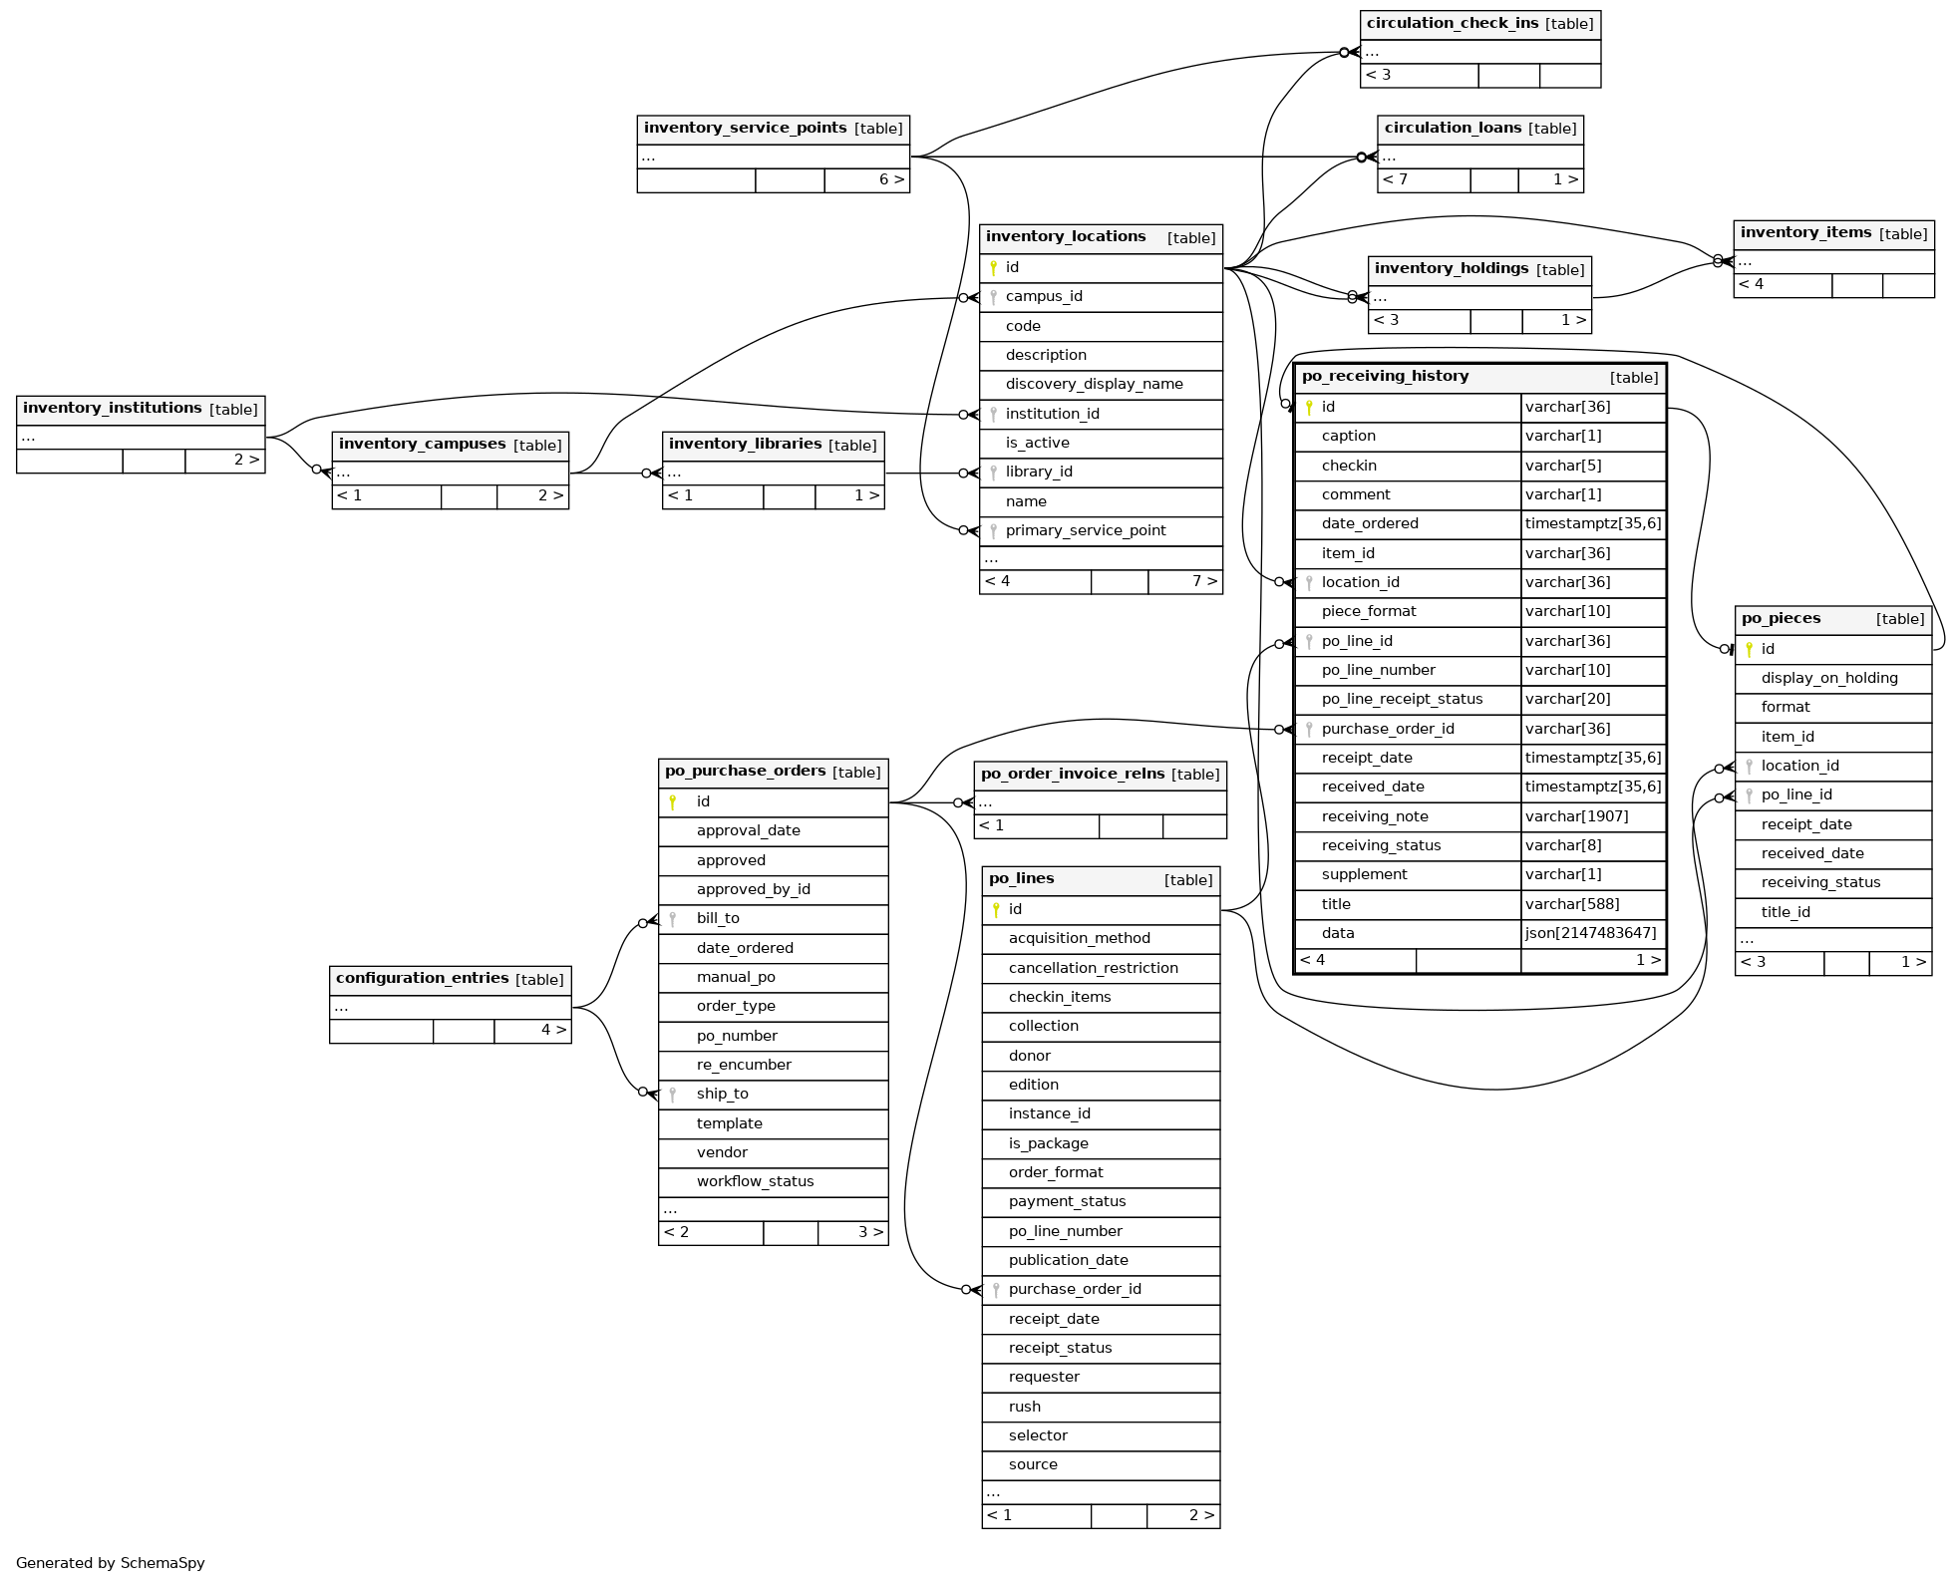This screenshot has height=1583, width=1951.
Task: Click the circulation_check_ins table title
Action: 1453,24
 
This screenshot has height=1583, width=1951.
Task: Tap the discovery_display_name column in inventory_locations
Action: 1094,385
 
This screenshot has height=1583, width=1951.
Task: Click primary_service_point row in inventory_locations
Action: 1085,531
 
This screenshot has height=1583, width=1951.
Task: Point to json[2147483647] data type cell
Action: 1590,934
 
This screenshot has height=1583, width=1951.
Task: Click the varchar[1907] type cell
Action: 1576,817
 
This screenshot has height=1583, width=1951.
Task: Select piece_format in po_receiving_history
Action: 1368,612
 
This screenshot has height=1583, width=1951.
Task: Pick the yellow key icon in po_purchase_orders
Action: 673,802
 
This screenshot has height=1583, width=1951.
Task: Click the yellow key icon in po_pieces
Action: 1749,650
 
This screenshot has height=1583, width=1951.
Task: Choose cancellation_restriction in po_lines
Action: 1093,969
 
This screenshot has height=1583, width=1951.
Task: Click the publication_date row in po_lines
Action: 1068,1261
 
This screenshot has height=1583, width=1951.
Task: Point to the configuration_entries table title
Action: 422,979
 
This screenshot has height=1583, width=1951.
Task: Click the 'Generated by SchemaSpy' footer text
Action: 111,1563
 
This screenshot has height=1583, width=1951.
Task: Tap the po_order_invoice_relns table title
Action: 1073,775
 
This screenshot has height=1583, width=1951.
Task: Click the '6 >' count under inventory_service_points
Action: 891,180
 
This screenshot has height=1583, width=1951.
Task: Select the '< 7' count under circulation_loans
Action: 1395,180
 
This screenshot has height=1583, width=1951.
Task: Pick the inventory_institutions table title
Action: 113,409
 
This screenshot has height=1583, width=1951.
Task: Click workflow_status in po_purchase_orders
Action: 755,1182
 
